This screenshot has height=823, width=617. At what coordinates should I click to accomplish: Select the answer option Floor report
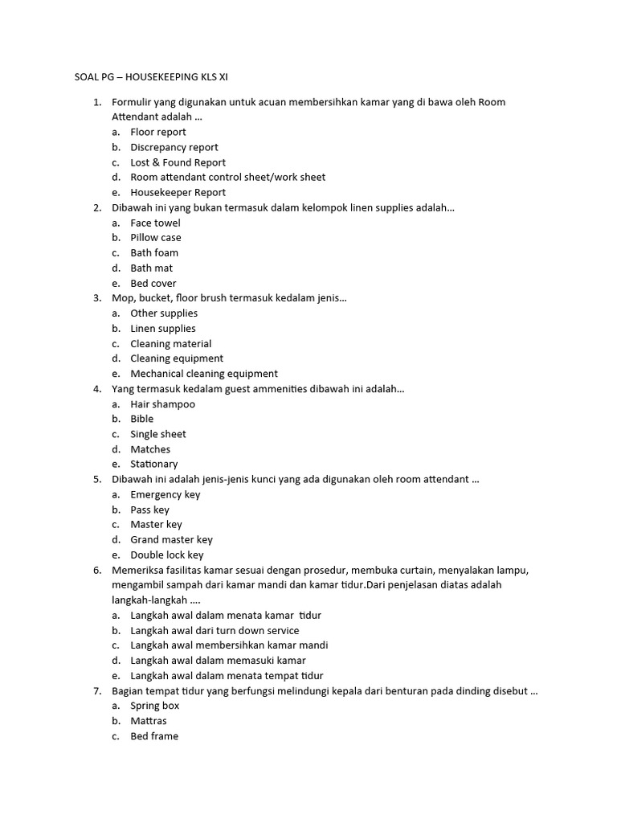[158, 132]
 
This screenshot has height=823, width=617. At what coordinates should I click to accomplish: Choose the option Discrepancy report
[174, 147]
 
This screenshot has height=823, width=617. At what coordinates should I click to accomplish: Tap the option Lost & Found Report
[178, 162]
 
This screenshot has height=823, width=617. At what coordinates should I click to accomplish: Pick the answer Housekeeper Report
[178, 192]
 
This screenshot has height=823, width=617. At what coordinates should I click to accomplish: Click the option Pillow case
[156, 238]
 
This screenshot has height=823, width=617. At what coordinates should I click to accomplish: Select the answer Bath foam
[154, 253]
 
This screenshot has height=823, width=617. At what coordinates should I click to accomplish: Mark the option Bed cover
[153, 283]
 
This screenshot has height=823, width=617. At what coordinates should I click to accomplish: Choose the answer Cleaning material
[171, 344]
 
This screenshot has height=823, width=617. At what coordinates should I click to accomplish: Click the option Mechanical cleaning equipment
[204, 374]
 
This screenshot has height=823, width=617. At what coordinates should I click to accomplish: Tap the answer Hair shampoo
[163, 404]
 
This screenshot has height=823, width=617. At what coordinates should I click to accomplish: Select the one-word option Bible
[142, 419]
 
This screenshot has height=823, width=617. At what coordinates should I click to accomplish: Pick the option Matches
[150, 449]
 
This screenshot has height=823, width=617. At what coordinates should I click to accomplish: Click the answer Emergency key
[165, 494]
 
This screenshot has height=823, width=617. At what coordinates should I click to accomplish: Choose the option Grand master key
[172, 540]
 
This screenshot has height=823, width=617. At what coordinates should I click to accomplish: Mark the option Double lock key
[167, 555]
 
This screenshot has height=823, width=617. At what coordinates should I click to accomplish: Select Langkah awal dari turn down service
[215, 631]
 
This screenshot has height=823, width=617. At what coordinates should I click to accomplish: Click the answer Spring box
[155, 706]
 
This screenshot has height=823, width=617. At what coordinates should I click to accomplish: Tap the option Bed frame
[154, 736]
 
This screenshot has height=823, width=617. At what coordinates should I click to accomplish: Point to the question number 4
[96, 389]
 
